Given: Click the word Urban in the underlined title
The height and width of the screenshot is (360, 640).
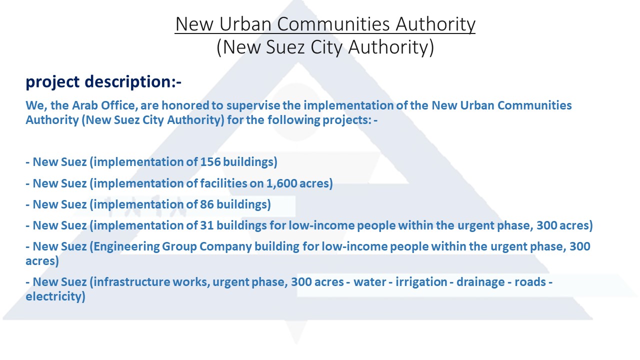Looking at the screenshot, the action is click(245, 24).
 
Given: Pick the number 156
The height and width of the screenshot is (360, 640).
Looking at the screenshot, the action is click(210, 161).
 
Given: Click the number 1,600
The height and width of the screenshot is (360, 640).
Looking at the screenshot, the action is click(281, 183).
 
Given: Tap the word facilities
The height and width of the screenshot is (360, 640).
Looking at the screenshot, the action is click(223, 183).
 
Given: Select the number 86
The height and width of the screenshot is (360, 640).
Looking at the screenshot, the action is click(207, 204).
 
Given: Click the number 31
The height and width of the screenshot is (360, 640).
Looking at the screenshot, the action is click(207, 225).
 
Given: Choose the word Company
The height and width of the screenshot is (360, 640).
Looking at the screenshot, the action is click(225, 247).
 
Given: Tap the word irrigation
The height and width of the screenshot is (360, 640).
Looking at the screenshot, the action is click(421, 282).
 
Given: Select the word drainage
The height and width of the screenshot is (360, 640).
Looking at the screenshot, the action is click(480, 282).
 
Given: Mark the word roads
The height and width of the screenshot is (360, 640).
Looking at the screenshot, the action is click(530, 282).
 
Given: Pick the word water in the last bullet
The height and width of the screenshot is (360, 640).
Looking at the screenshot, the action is click(370, 282).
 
